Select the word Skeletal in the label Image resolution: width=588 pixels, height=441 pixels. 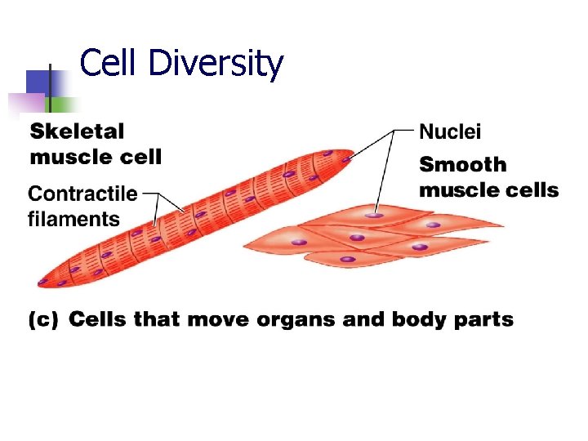[78, 131]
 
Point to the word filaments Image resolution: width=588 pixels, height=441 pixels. [73, 219]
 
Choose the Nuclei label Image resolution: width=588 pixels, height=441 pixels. [450, 131]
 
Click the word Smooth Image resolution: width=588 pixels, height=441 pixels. [462, 165]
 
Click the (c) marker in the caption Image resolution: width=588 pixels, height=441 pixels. [43, 320]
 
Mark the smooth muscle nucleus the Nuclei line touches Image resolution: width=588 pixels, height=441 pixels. [374, 216]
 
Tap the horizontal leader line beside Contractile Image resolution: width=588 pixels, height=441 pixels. [151, 194]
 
